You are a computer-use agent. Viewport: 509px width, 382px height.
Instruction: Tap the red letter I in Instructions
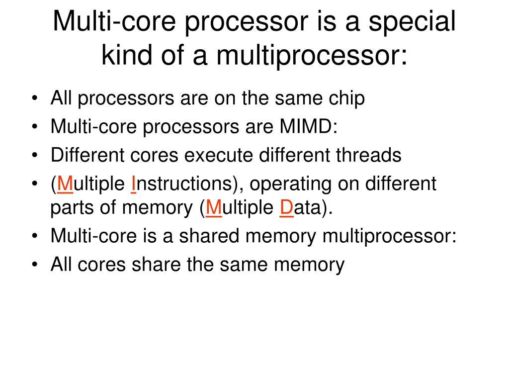click(134, 184)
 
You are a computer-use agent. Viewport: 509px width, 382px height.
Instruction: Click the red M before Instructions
click(65, 184)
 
